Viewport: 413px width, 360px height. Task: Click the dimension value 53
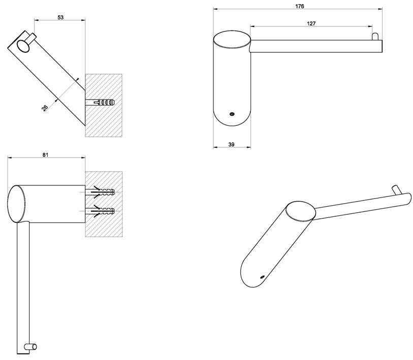tap(60, 17)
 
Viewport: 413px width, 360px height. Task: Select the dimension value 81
tap(45, 155)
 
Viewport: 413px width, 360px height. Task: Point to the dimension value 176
tap(299, 6)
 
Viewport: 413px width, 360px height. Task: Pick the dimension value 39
tap(232, 145)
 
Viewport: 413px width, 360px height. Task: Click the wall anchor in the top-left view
tap(102, 102)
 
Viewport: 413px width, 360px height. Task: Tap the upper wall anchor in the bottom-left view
tap(103, 193)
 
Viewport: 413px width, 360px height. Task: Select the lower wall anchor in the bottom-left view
tap(103, 210)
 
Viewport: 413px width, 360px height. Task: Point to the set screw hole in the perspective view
tap(262, 277)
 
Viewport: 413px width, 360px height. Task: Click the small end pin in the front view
tap(375, 37)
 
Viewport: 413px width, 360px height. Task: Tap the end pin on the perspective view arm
tap(394, 189)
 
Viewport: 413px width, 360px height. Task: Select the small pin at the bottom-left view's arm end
tap(34, 347)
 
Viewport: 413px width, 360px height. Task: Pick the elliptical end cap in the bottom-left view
tap(16, 204)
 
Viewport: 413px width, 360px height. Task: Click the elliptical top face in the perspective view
tap(300, 211)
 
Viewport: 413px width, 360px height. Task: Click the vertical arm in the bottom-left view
tap(23, 284)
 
